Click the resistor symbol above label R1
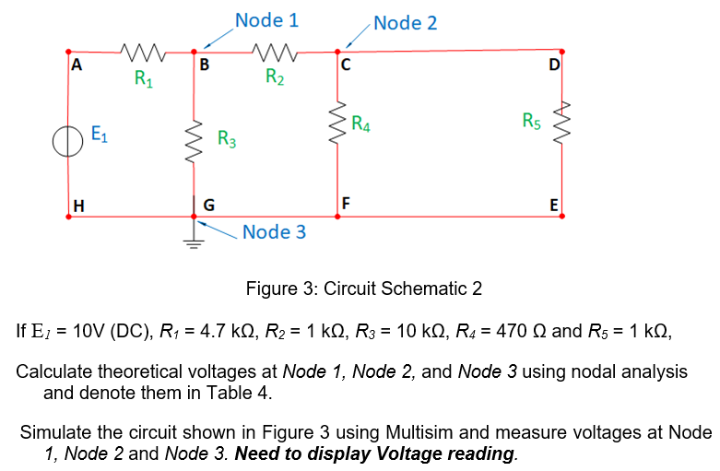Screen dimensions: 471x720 (141, 52)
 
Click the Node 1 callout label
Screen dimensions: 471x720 (266, 19)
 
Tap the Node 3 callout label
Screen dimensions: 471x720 (275, 231)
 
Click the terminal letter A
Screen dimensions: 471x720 (77, 65)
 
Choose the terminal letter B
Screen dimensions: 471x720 (204, 65)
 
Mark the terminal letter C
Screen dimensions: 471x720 (346, 65)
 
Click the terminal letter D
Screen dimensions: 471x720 (553, 65)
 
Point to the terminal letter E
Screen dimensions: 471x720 (553, 205)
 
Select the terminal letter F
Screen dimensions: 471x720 (346, 203)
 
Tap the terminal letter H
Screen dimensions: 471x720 (78, 205)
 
